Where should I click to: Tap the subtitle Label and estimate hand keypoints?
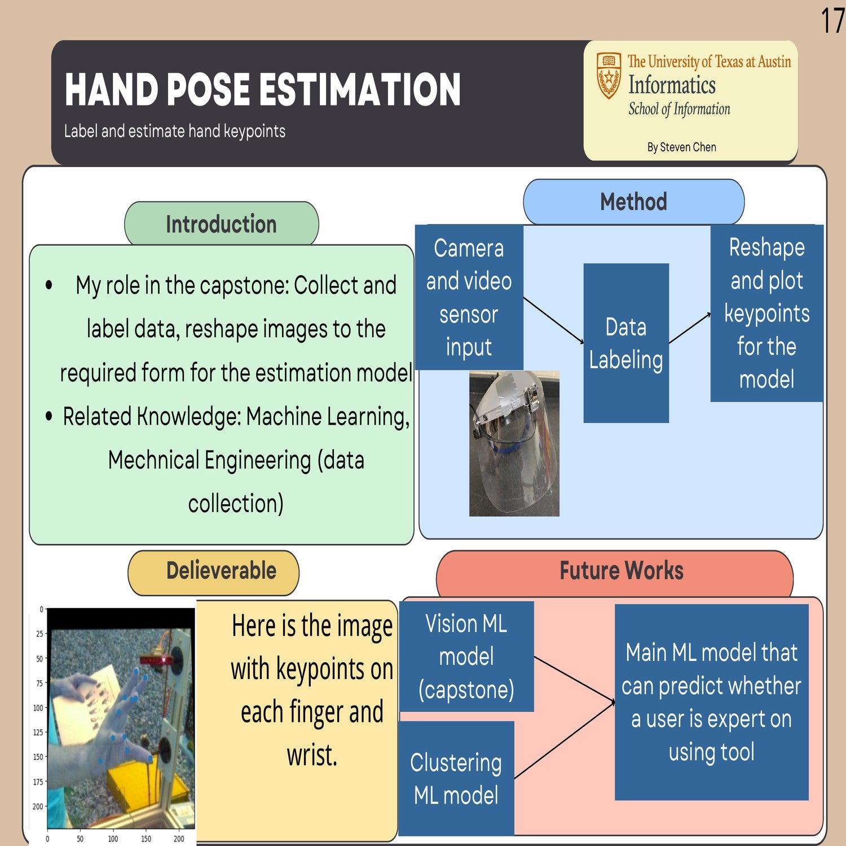(x=174, y=131)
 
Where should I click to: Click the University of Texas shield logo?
(x=609, y=76)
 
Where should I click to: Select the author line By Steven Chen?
(x=681, y=147)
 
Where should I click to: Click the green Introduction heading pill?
(x=221, y=224)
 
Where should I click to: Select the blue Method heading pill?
(x=633, y=202)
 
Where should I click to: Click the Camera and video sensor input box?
(x=469, y=297)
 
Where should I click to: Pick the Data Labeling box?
(x=626, y=343)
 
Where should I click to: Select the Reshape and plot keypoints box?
(x=766, y=313)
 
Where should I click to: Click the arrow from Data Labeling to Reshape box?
(x=690, y=328)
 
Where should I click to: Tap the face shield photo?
(x=514, y=443)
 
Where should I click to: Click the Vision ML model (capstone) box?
(x=466, y=656)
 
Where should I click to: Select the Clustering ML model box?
(x=456, y=778)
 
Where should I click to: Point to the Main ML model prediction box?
(x=711, y=702)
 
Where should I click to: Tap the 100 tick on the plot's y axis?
(x=38, y=708)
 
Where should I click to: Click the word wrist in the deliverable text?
(x=312, y=755)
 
